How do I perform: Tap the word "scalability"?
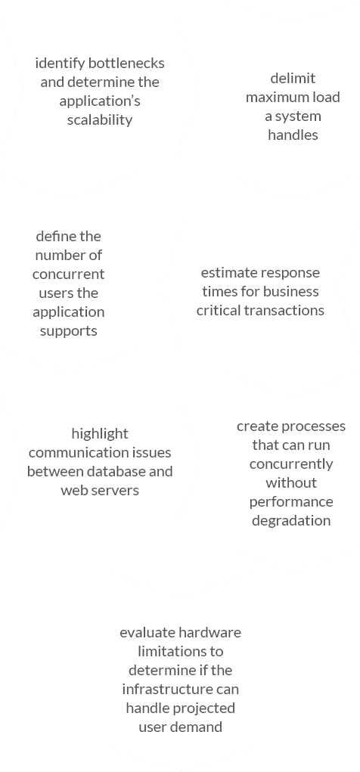(100, 120)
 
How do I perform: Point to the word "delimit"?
(293, 79)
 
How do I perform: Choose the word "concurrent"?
(69, 274)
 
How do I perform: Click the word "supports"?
(69, 331)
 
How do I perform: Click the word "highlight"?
(100, 434)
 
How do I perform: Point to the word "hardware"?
(210, 633)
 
